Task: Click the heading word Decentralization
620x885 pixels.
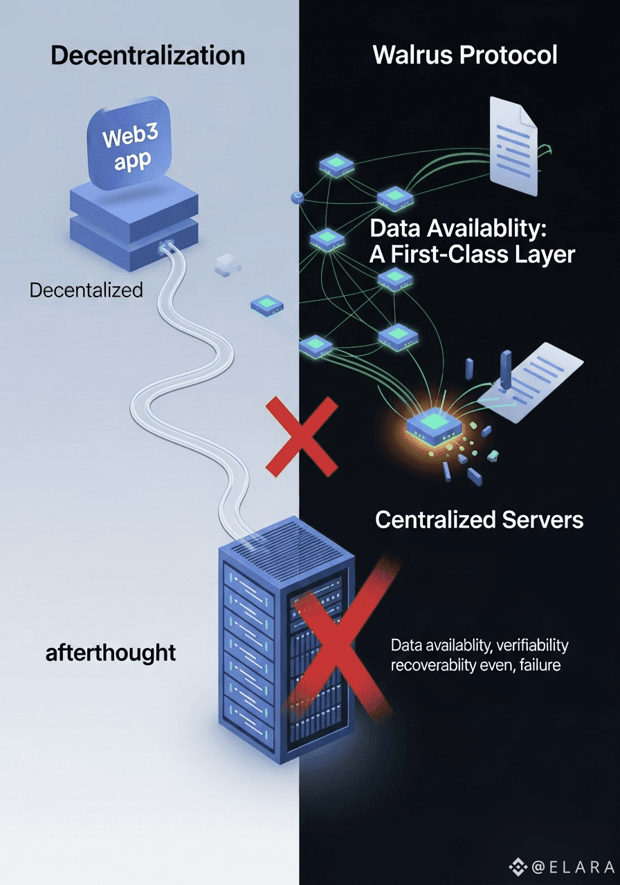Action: point(147,55)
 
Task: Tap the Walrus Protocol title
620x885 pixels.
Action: point(465,55)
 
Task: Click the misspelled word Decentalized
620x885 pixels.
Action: point(86,290)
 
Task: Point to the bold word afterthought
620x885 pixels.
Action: point(111,652)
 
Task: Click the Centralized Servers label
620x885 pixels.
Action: point(479,519)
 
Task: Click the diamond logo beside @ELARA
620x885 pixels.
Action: point(518,867)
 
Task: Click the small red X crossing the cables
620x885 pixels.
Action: point(302,436)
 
